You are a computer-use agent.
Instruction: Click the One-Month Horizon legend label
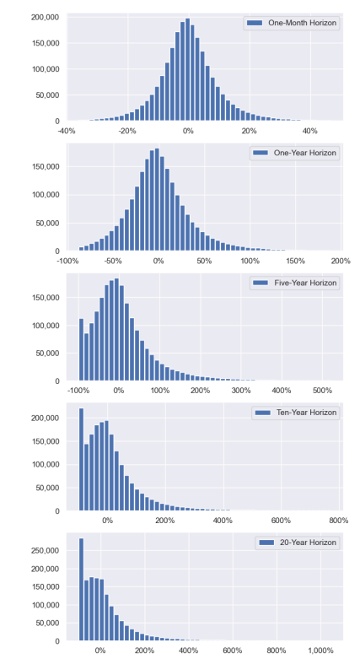(303, 23)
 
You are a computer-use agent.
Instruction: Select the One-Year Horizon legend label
(305, 153)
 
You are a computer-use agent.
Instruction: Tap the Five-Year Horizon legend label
(305, 283)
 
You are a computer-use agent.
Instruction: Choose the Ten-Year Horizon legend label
(307, 413)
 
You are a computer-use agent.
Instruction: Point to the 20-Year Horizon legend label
(308, 543)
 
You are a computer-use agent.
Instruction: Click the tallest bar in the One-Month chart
(187, 69)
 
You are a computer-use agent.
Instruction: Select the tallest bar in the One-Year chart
(157, 199)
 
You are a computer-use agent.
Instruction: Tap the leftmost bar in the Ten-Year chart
(81, 460)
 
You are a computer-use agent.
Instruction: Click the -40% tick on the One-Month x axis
(67, 131)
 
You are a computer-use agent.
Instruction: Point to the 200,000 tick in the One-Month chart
(46, 18)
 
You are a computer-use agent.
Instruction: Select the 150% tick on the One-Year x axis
(295, 261)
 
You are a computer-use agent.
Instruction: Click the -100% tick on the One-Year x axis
(67, 261)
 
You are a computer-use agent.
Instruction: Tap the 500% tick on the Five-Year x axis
(322, 391)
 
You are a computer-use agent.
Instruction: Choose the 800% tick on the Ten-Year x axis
(339, 521)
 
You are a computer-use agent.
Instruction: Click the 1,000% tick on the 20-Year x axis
(320, 651)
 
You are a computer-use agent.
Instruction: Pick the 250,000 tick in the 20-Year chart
(46, 550)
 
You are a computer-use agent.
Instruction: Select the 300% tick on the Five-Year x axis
(241, 391)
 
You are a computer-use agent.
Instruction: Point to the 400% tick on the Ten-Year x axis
(223, 521)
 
